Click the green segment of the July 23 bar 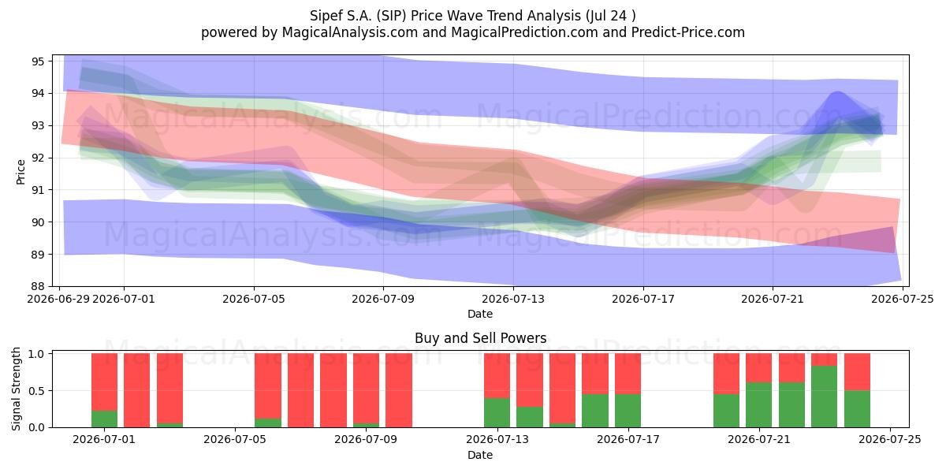pos(824,397)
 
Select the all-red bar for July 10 pos(399,390)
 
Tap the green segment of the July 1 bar pos(104,419)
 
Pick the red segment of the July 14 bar pos(530,380)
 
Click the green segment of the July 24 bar pos(857,409)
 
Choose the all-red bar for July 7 pos(300,390)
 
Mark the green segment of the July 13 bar pos(497,412)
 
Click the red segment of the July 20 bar pos(726,374)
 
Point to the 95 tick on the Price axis pos(50,61)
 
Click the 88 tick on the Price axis pos(50,286)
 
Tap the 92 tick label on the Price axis pos(38,158)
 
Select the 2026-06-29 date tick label pos(58,299)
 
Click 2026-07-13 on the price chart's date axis pos(513,299)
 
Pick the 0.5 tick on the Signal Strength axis pos(50,391)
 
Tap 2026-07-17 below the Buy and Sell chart pos(628,440)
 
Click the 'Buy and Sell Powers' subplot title pos(481,338)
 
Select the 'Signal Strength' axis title pos(16,389)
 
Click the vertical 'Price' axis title pos(20,172)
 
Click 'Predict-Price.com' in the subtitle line pos(688,32)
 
